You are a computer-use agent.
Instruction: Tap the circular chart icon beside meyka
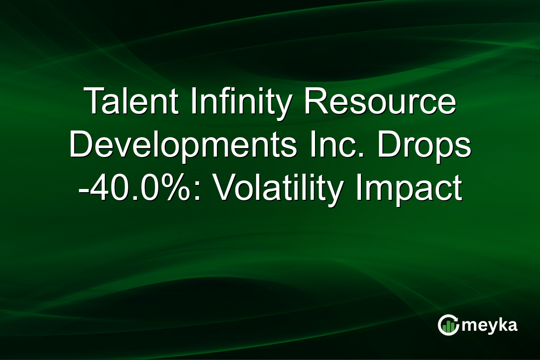[448, 325]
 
